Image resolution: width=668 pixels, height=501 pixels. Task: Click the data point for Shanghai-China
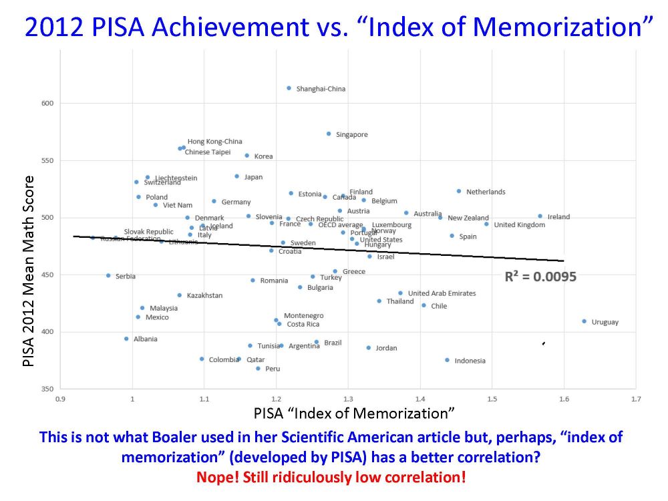tap(289, 88)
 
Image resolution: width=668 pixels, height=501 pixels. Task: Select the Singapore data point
tap(329, 134)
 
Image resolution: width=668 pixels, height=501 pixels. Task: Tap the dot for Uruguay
tap(584, 321)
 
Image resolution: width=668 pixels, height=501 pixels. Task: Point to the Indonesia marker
tap(447, 360)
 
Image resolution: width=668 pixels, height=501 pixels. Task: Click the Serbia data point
tap(108, 275)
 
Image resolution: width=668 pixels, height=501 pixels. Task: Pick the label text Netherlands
tap(486, 192)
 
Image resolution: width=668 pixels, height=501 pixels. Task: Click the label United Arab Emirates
tap(442, 293)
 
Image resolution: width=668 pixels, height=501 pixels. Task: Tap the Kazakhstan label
tap(204, 295)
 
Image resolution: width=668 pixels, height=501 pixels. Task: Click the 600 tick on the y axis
tap(48, 104)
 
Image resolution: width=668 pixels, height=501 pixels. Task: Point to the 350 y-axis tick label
tap(48, 389)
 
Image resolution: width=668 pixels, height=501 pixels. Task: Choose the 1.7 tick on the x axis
tap(636, 399)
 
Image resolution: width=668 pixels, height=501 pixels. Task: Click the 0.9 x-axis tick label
tap(60, 399)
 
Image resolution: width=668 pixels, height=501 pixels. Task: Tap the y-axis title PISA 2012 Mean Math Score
tap(28, 271)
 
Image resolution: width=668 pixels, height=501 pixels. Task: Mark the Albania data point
tap(126, 339)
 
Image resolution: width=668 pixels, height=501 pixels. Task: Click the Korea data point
tap(246, 156)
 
